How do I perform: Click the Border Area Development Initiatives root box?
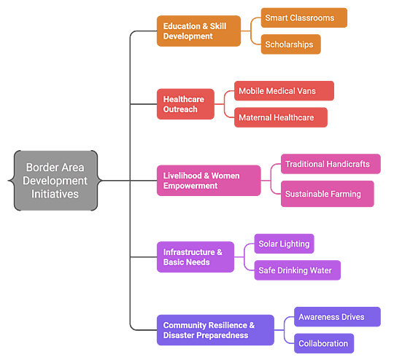coord(55,181)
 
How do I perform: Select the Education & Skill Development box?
coord(198,31)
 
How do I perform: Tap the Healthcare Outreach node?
coord(185,104)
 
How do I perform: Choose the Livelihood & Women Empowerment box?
coord(209,181)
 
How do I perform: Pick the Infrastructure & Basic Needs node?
coord(196,257)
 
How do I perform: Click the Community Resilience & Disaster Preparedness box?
coord(215,330)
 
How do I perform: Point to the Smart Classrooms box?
coord(304,17)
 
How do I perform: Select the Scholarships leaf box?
coord(290,44)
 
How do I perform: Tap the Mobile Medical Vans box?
coord(284,90)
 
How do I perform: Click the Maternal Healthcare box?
coord(281,117)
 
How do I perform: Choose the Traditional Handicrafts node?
coord(331,164)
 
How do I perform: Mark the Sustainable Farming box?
coord(328,194)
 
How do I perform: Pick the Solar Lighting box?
coord(285,243)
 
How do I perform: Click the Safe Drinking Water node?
coord(298,270)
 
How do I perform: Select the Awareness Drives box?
coord(338,316)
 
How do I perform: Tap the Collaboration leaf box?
coord(324,343)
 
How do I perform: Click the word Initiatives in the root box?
coord(55,194)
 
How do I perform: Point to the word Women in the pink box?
coord(225,176)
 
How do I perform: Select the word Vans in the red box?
coord(306,91)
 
